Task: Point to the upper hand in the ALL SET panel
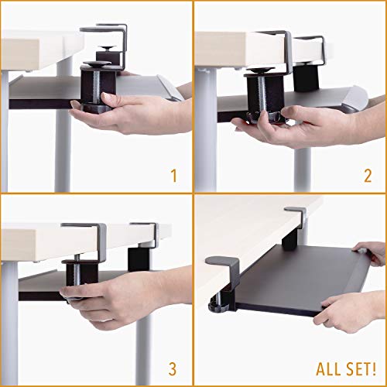click(370, 252)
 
